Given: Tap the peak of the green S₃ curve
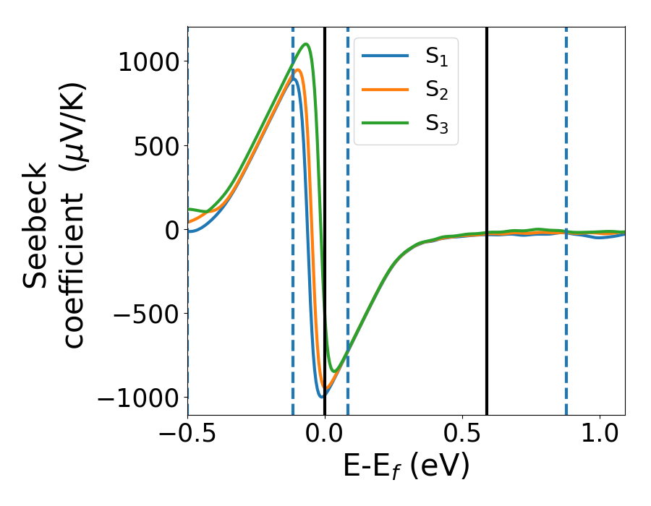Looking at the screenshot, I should pyautogui.click(x=307, y=44).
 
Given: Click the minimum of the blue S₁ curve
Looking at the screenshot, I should pyautogui.click(x=320, y=396).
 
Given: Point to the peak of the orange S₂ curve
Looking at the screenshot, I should pyautogui.click(x=297, y=70).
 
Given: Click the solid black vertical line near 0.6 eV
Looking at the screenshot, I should pyautogui.click(x=487, y=217).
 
